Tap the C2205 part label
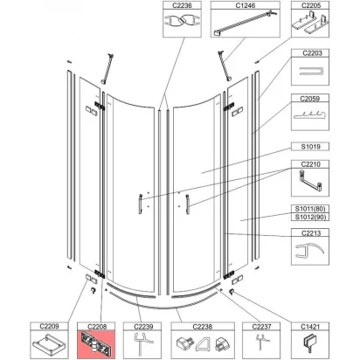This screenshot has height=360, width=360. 311,5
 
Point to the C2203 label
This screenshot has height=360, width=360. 311,54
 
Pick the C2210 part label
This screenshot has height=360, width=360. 311,164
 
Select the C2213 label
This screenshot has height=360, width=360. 311,235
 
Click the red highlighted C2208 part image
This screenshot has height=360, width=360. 94,343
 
